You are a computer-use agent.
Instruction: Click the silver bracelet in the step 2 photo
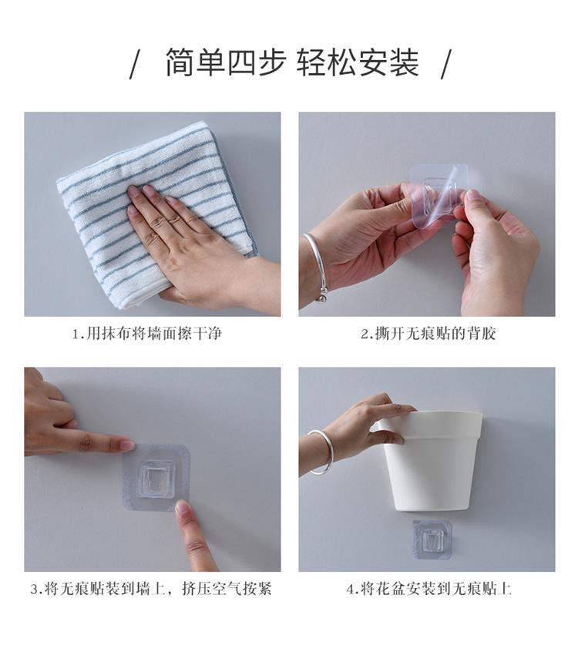point(316,267)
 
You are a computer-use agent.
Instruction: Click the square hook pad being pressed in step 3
point(156,478)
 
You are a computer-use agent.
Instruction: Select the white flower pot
point(429,460)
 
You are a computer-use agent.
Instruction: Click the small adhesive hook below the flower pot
point(432,539)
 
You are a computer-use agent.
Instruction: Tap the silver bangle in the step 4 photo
point(320,452)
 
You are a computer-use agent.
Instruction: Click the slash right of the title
point(446,63)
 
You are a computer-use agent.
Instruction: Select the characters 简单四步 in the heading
point(226,62)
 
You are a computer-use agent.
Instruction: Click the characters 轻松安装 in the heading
point(358,62)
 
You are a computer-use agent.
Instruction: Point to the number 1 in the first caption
point(76,334)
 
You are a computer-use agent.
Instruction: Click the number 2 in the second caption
point(365,334)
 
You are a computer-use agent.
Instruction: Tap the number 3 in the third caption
point(35,590)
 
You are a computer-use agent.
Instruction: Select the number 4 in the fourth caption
point(350,590)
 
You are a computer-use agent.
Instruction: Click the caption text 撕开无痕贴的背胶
point(435,334)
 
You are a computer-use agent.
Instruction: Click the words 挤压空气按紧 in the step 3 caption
point(227,589)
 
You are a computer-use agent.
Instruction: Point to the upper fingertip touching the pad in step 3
point(129,445)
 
